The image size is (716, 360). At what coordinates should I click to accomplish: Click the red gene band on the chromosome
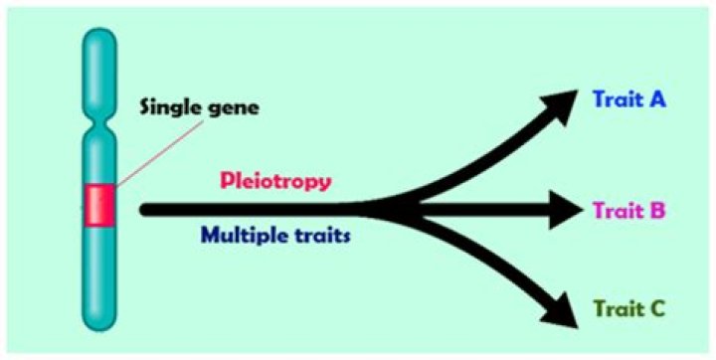click(x=99, y=204)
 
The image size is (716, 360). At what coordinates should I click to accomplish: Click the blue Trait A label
click(x=629, y=98)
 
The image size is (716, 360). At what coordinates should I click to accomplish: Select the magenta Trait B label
click(x=629, y=210)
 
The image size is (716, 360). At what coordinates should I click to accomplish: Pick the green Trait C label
click(x=629, y=309)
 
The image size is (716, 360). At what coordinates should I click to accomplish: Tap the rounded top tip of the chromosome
click(x=99, y=37)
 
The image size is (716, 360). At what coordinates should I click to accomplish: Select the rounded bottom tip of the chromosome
click(x=99, y=324)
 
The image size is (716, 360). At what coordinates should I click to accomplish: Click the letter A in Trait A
click(x=657, y=98)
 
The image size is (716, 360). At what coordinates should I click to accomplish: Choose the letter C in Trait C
click(x=657, y=309)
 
